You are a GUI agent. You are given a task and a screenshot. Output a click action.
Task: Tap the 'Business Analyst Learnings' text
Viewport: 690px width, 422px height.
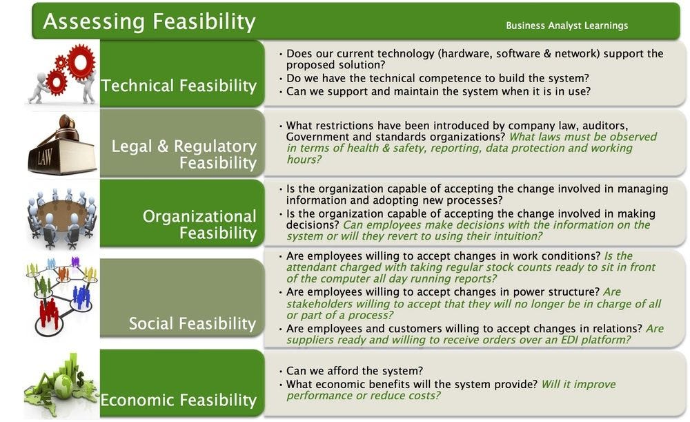(566, 26)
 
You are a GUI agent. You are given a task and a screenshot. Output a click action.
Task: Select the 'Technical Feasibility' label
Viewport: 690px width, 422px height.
(179, 86)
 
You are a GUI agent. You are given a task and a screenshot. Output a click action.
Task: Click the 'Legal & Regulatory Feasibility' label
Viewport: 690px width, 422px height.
(184, 155)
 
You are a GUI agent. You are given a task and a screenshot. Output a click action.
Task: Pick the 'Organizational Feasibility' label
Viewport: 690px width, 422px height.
(199, 224)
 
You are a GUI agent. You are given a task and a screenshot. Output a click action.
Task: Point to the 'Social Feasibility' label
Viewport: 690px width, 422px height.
(192, 323)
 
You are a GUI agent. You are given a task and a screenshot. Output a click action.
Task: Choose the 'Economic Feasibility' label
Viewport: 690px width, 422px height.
(179, 400)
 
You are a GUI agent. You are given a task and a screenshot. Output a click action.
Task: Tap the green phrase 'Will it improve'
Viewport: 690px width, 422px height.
(578, 384)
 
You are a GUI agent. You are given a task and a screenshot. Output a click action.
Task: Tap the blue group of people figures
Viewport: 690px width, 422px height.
(81, 296)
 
